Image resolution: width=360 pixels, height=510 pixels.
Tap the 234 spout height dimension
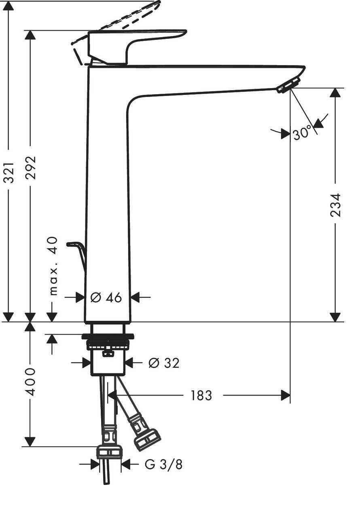pyautogui.click(x=336, y=205)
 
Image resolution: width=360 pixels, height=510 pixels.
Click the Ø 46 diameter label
pyautogui.click(x=106, y=298)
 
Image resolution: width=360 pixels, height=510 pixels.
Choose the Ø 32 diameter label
pyautogui.click(x=164, y=363)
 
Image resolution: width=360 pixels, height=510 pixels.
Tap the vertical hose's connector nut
pyautogui.click(x=110, y=451)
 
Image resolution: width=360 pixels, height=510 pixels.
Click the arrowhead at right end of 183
pyautogui.click(x=286, y=395)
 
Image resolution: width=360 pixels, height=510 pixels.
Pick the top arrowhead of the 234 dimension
pyautogui.click(x=335, y=93)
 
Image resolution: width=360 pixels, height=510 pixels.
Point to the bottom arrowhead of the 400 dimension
pyautogui.click(x=30, y=442)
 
